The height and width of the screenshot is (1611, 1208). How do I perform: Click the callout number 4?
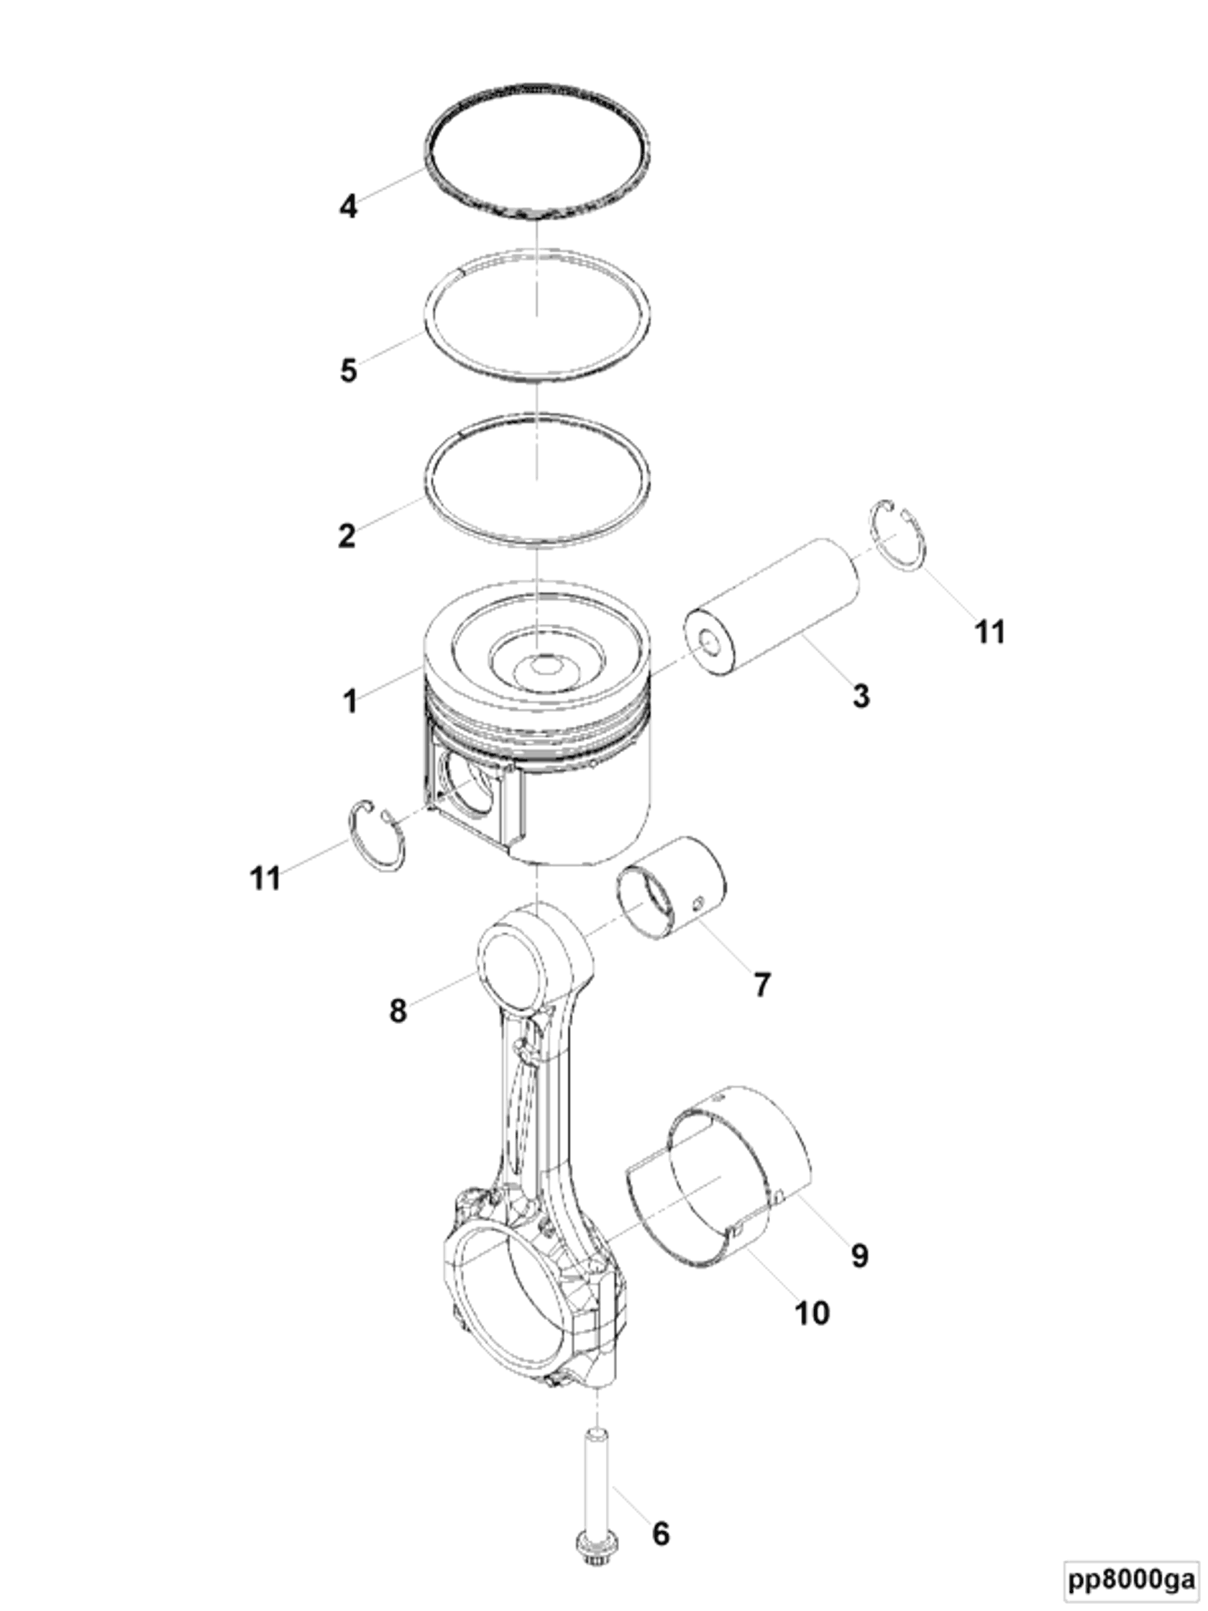348,207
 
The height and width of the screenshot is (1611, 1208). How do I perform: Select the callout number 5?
349,370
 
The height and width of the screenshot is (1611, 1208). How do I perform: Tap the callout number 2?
347,536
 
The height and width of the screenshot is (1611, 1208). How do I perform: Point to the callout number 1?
350,700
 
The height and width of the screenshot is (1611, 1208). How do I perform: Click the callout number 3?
861,695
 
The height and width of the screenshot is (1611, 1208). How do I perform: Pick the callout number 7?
761,985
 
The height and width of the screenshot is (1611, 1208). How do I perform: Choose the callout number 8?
398,1011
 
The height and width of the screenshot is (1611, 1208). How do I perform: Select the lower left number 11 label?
265,878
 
